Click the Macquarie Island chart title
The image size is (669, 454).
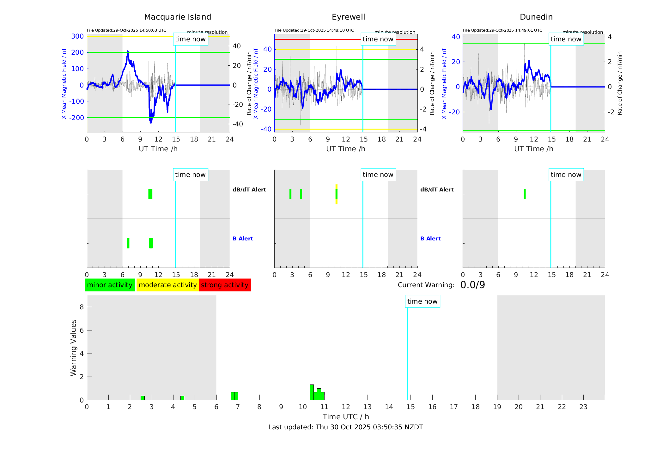point(177,17)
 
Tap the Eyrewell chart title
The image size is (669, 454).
point(348,17)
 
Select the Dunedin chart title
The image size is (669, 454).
point(536,17)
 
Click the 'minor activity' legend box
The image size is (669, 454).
point(110,285)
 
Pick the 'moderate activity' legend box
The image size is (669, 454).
point(167,285)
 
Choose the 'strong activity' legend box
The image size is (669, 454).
point(225,285)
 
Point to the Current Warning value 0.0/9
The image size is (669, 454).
point(472,285)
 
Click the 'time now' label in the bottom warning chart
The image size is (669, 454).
point(422,301)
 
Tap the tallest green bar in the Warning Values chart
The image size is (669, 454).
point(312,392)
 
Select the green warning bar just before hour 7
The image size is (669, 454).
point(234,396)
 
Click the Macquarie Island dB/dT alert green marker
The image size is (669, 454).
point(150,194)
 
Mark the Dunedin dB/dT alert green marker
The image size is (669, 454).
point(525,194)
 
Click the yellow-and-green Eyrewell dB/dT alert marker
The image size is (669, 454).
point(336,194)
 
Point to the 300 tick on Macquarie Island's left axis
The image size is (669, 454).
point(77,36)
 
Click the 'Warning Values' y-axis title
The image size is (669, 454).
point(74,348)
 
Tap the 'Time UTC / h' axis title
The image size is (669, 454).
point(345,417)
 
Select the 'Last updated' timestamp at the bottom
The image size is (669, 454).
point(345,427)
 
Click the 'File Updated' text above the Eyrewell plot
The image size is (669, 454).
point(314,30)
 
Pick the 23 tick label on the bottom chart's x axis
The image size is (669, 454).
point(583,407)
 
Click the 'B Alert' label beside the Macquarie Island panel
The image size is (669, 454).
point(243,239)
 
